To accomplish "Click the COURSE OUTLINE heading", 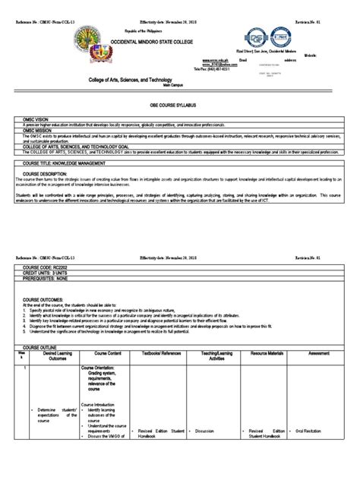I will click(43, 347).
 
